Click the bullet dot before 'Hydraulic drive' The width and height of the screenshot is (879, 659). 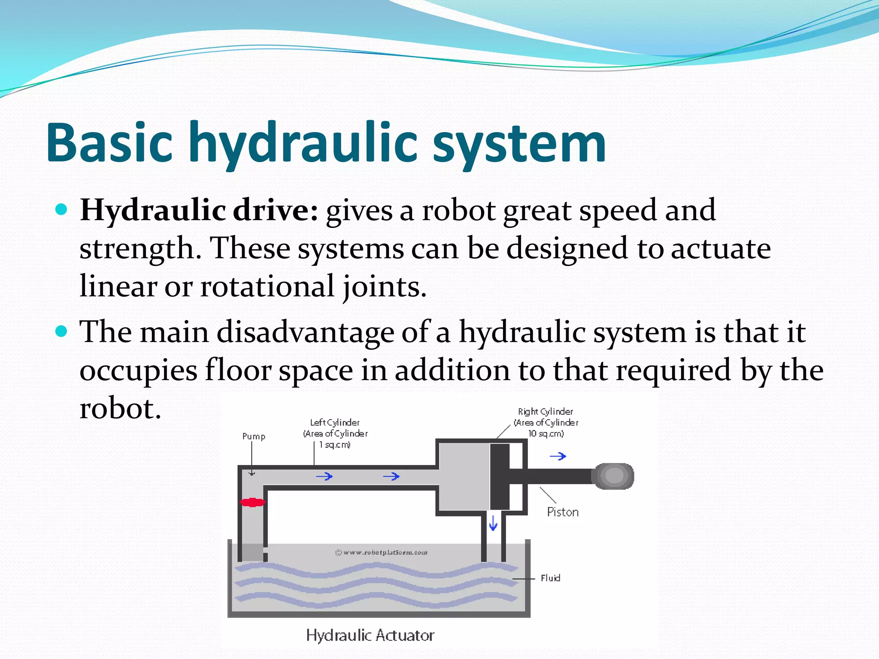[62, 209]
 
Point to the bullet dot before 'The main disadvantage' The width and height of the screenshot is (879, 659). [62, 331]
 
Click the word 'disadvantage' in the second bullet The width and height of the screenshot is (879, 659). [305, 332]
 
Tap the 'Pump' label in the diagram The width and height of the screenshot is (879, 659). [254, 436]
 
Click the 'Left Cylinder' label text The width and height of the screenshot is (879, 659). [335, 423]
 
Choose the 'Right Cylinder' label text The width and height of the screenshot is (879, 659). [545, 411]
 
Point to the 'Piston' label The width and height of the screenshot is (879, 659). [563, 512]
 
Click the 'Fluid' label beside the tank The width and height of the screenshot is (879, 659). [550, 578]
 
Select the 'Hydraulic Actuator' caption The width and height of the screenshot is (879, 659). [370, 635]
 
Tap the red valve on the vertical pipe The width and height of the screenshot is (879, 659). [252, 502]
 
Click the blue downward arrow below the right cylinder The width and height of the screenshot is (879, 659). [493, 523]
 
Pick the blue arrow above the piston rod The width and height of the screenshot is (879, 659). [558, 456]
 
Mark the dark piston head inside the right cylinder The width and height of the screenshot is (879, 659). [500, 476]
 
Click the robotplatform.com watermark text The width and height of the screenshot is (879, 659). [381, 552]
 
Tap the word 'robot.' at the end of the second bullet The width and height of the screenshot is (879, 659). [120, 408]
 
